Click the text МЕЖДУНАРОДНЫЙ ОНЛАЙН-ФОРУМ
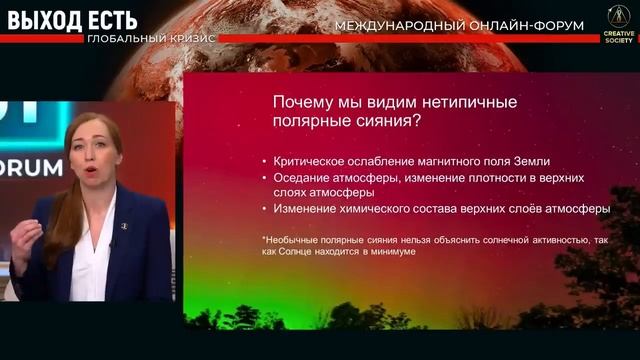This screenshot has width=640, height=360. [x=459, y=25]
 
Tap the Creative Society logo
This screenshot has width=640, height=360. [x=617, y=20]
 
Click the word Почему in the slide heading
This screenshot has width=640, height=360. [x=305, y=102]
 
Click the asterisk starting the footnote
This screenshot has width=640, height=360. [x=264, y=239]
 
